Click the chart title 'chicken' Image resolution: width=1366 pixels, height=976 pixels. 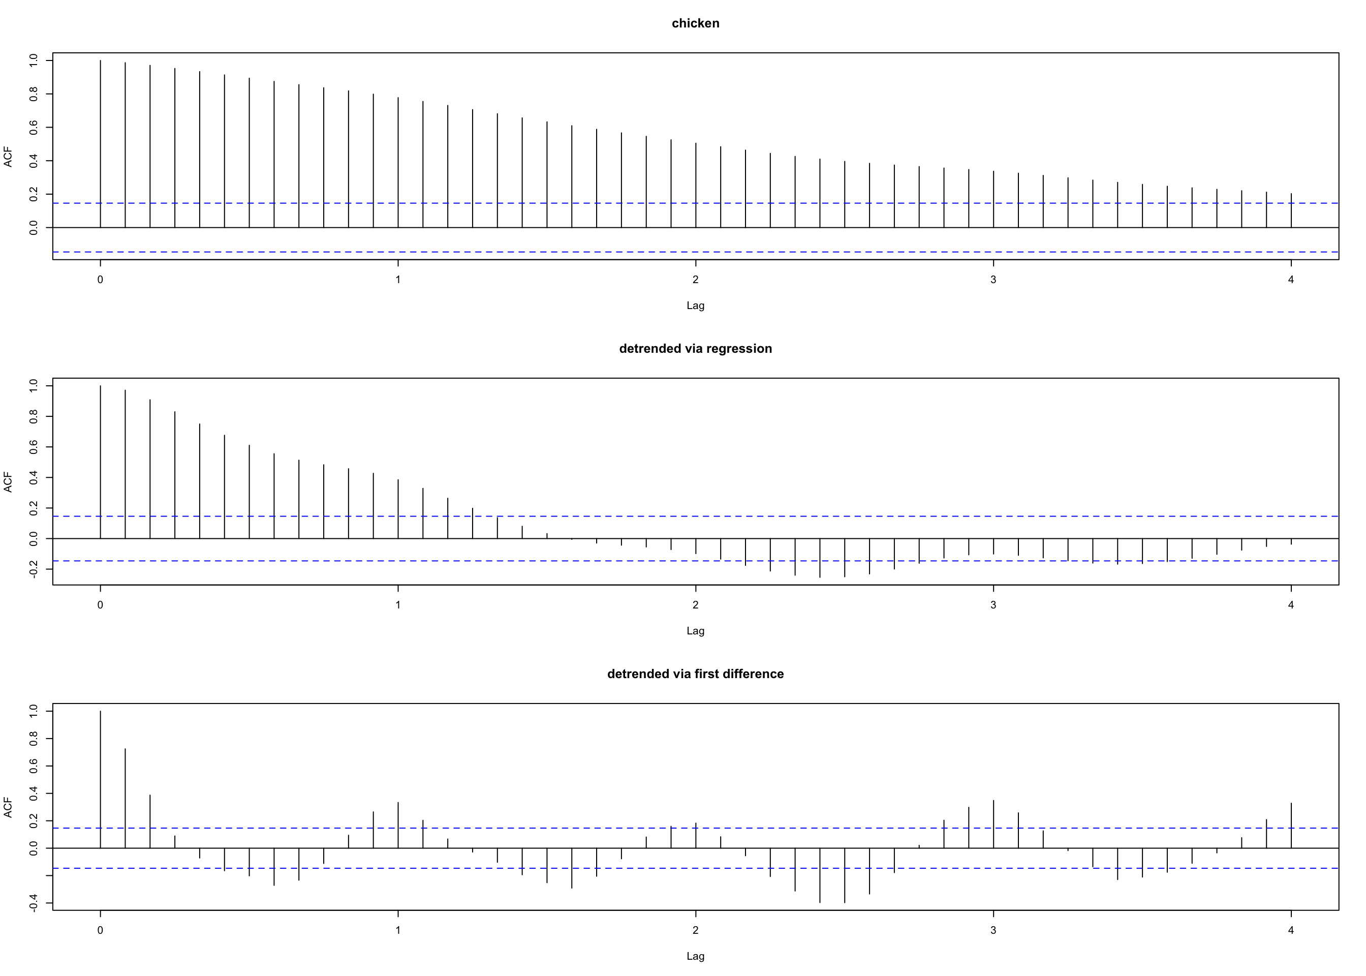695,23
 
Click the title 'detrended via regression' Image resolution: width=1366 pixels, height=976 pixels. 695,349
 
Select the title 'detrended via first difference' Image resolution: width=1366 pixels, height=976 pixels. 695,674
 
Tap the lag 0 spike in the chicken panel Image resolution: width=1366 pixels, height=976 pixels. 100,144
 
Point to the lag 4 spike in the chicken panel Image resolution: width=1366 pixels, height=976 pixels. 1291,210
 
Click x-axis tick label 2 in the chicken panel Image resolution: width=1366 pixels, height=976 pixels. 696,280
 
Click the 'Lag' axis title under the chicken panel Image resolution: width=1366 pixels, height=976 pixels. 695,306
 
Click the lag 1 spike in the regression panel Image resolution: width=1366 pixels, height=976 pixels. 398,508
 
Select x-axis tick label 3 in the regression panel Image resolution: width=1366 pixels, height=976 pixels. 994,604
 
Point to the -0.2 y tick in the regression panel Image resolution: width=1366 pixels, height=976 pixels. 34,568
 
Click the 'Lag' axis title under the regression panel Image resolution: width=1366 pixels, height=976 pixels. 695,630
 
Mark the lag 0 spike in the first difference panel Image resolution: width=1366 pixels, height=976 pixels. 100,779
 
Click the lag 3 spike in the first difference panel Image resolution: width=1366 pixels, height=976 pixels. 994,824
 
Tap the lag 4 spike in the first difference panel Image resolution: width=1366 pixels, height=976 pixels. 1291,825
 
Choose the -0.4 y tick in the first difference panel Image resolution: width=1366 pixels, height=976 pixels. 34,902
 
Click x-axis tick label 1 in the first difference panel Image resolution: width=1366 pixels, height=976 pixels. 398,930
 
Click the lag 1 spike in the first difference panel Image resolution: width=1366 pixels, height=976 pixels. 398,825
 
